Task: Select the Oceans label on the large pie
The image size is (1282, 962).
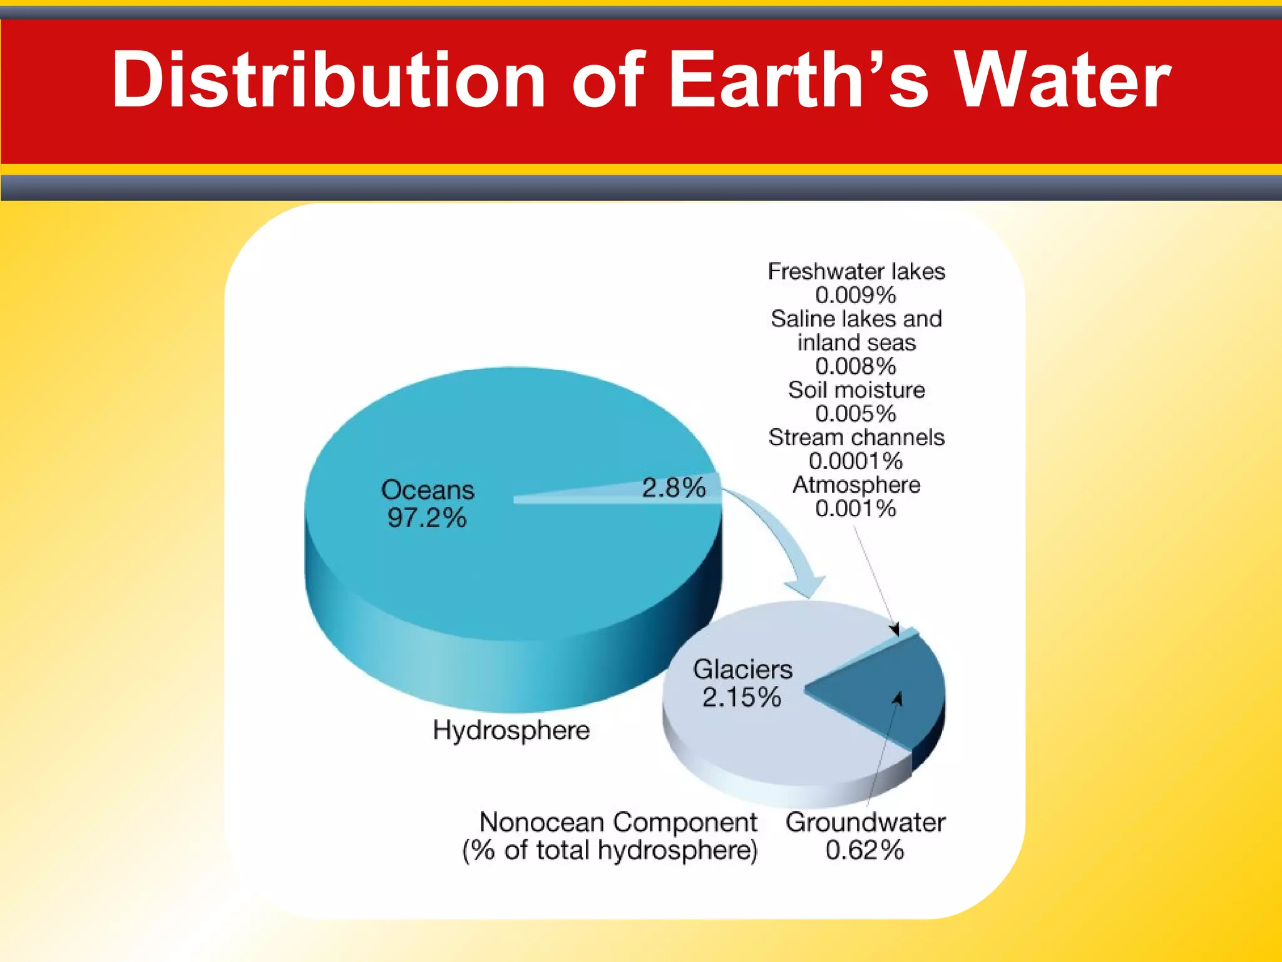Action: click(x=428, y=490)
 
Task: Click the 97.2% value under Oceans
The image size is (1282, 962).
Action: click(x=427, y=518)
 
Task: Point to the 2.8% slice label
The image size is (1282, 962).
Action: click(x=674, y=487)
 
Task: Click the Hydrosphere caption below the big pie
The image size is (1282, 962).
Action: click(x=511, y=730)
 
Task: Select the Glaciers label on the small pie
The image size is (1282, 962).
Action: click(x=742, y=669)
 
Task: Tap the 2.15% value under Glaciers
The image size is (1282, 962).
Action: click(x=742, y=697)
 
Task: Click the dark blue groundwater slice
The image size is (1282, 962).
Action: click(x=883, y=689)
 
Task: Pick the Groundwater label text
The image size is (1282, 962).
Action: click(x=865, y=822)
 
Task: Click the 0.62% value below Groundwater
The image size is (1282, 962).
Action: click(x=864, y=851)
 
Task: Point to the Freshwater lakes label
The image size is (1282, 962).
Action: click(x=856, y=271)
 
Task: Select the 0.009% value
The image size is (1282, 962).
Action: click(x=856, y=295)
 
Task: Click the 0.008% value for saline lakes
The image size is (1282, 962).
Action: click(x=856, y=366)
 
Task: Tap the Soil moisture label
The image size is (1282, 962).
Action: click(x=856, y=390)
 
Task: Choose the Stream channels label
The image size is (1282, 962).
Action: click(x=856, y=437)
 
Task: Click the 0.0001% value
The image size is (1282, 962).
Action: click(x=856, y=461)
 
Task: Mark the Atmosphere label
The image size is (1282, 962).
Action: click(x=856, y=485)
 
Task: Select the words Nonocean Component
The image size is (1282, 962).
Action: click(x=618, y=822)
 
